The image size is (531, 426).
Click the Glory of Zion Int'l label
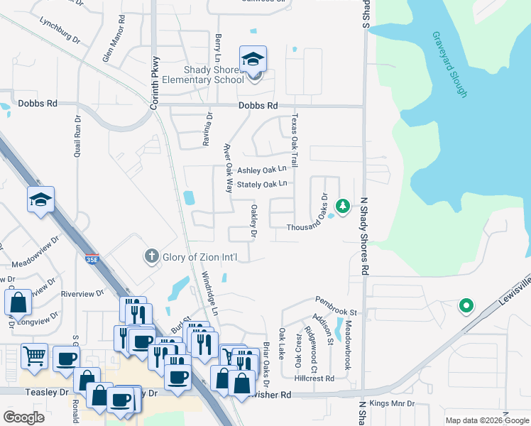coord(198,257)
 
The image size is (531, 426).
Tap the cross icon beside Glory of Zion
coord(150,256)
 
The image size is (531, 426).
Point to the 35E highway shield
coord(92,258)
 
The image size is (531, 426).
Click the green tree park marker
coord(343,206)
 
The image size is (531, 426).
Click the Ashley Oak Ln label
coord(262,170)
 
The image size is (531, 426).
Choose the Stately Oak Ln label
coord(262,184)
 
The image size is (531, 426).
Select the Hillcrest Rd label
coord(315,378)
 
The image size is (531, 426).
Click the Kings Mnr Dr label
coord(391,403)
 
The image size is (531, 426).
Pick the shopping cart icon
coord(34,356)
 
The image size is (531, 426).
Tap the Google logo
coord(24,417)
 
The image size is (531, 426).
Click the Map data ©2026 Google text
coord(486,420)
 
